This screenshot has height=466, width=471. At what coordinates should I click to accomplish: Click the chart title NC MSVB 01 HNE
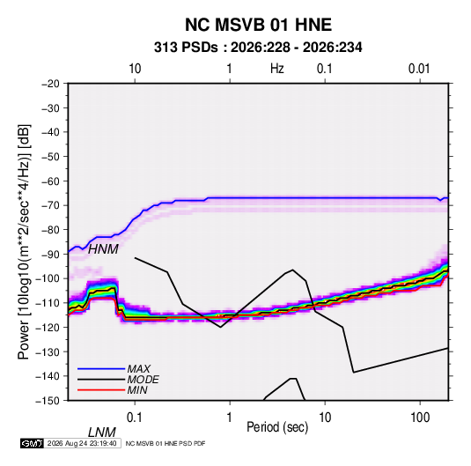point(258,25)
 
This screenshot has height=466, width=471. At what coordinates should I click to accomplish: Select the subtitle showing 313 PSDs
point(258,48)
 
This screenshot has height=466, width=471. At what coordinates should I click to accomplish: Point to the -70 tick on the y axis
point(51,205)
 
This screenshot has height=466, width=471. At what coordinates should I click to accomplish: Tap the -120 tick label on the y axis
point(48,328)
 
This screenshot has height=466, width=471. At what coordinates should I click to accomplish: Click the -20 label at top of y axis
point(51,84)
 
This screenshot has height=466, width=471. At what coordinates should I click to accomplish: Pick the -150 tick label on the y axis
point(48,401)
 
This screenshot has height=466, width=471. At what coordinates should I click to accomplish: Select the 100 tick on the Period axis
point(420,418)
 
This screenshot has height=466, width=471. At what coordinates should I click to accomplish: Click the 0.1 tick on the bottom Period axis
point(135,418)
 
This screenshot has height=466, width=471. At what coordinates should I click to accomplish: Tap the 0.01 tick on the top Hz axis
point(419,69)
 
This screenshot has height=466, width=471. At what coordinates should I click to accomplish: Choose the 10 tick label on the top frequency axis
point(135,69)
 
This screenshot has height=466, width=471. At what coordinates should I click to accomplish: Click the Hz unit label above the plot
point(277,69)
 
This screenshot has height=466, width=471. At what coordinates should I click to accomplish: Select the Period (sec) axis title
point(277,427)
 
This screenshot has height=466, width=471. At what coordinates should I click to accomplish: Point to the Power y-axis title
point(24,242)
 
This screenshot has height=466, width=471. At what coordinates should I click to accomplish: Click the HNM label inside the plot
point(103,249)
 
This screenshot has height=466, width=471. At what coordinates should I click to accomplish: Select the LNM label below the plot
point(102,433)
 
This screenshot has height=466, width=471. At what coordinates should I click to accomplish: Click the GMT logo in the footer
point(33,443)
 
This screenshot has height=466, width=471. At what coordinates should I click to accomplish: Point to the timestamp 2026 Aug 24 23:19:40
point(82,443)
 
